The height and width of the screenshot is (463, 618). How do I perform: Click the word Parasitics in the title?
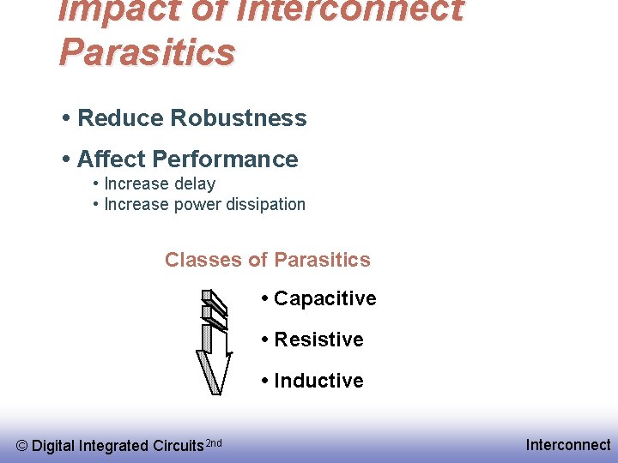pos(147,51)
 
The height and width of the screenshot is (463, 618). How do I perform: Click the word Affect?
pos(112,159)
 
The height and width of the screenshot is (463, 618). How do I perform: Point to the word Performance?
pos(225,159)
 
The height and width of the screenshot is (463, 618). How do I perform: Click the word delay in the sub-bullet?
pos(195,183)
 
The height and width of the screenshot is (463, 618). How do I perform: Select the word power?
pos(197,205)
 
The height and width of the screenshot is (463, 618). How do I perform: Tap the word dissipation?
pos(265,204)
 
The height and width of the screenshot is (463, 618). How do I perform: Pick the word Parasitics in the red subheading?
pos(322,260)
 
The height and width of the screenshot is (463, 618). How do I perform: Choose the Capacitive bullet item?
pos(324,298)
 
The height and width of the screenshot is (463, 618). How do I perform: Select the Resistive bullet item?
pos(318,340)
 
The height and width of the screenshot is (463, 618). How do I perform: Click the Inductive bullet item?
pos(318,381)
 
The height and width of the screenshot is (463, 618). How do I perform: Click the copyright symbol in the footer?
pos(22,446)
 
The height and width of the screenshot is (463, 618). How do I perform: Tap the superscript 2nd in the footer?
pos(215,442)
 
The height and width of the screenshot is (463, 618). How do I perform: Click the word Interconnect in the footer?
pos(568,444)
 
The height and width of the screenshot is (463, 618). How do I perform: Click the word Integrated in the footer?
pos(113,446)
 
